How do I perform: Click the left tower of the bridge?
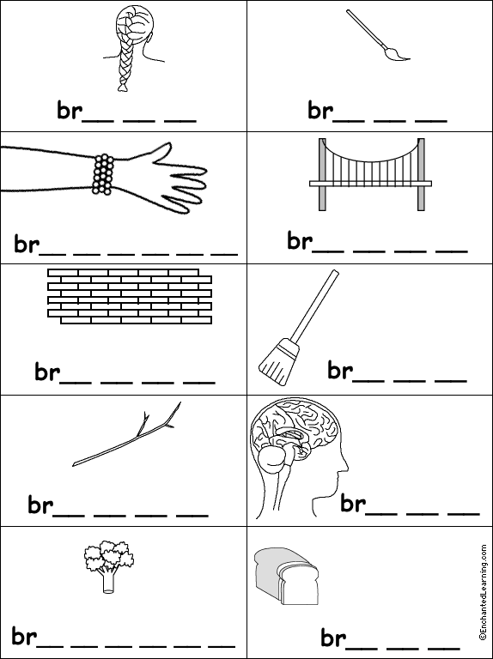click(322, 176)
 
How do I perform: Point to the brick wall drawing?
click(130, 296)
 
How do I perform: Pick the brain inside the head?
click(292, 438)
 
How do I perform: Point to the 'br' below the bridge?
click(298, 241)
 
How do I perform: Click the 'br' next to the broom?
click(339, 371)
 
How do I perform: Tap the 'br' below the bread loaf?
click(332, 638)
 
